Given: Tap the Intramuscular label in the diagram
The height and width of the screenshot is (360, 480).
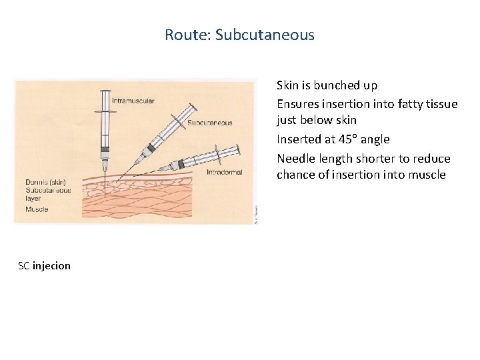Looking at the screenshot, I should click(133, 101).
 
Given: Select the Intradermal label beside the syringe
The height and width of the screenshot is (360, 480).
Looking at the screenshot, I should click(225, 173).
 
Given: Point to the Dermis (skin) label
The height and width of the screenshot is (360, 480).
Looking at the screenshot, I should click(45, 182).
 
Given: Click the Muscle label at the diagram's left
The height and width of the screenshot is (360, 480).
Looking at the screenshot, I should click(37, 209).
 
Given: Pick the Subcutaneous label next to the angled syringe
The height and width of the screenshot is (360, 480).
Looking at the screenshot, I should click(210, 123).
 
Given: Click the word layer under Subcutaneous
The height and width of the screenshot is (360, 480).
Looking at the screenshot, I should click(33, 198).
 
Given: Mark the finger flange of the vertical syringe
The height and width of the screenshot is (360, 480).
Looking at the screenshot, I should click(105, 111).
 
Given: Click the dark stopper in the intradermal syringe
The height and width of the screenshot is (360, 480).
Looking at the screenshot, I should click(181, 164).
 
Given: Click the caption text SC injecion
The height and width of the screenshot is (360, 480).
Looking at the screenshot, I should click(45, 266).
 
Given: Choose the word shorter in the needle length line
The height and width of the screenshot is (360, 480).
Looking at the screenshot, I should click(376, 159).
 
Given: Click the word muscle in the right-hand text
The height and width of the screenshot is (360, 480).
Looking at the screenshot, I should click(427, 175).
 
